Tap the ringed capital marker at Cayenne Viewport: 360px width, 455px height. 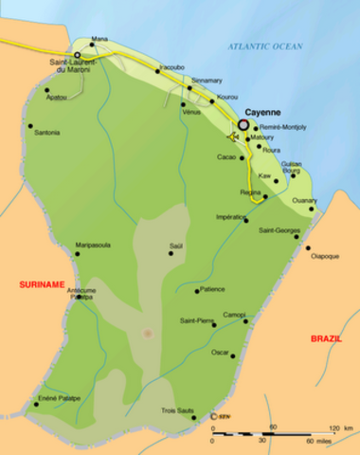coord(243,123)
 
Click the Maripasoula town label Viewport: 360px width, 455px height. coord(93,245)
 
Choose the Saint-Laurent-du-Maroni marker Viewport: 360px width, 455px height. coord(78,56)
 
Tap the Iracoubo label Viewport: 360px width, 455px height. coord(171,68)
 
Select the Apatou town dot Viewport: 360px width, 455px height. coord(46,91)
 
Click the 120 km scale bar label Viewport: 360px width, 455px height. coord(334,429)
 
